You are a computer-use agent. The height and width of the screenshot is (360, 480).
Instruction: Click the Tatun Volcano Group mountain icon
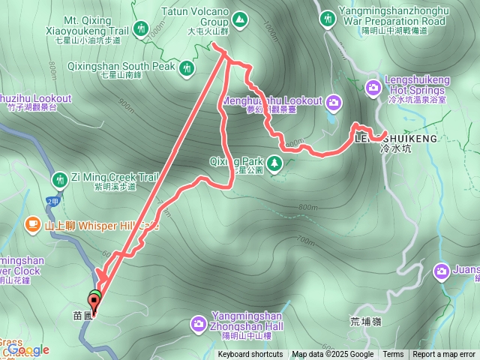pos(240,18)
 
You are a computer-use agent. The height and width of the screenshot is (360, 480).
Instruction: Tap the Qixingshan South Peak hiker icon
pos(187,68)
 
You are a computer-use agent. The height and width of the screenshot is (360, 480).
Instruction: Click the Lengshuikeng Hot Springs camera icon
pos(373,89)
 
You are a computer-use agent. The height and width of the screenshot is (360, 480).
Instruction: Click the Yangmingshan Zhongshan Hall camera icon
pos(199,323)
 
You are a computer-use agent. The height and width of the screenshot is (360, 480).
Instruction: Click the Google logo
pos(28,349)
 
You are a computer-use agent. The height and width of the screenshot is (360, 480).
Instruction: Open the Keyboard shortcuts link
pos(250,355)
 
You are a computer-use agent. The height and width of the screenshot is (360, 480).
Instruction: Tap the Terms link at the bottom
pos(393,355)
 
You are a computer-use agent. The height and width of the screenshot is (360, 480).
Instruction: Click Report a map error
pos(444,355)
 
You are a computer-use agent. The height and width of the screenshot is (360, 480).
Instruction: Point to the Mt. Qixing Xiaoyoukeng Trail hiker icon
pos(140,29)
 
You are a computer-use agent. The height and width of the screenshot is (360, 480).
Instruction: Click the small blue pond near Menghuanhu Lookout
pos(331,118)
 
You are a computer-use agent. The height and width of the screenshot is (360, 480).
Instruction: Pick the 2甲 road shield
pos(52,201)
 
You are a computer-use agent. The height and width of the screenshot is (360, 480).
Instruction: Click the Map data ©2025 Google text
pos(333,355)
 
